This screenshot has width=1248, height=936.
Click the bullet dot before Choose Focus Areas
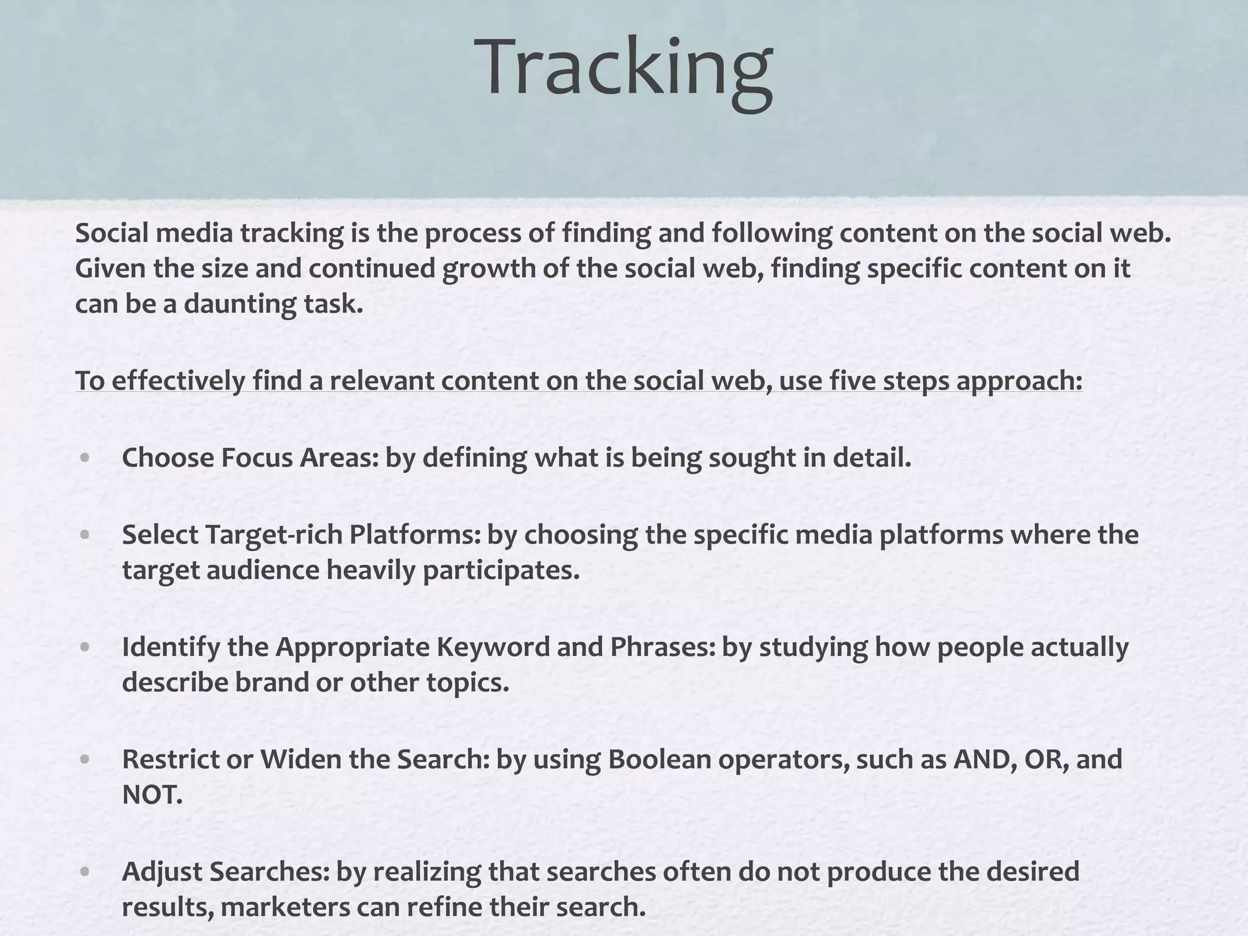[85, 458]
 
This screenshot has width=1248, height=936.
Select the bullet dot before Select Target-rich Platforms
[85, 535]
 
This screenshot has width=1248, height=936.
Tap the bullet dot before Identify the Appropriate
[85, 647]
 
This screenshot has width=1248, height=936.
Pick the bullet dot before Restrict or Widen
[85, 759]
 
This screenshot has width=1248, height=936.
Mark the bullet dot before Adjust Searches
[85, 871]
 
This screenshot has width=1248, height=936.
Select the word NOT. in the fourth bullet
[152, 795]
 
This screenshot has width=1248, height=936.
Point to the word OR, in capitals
[1047, 759]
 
